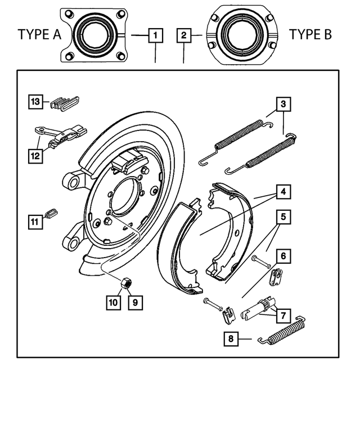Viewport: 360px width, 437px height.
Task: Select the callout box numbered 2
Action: tap(184, 36)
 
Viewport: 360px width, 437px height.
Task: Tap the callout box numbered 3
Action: tap(283, 104)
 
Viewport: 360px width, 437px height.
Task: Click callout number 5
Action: tap(283, 217)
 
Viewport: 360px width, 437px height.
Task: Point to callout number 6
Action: tap(283, 256)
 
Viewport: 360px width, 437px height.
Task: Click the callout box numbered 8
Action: tap(230, 339)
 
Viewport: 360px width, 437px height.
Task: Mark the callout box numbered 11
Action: tap(35, 222)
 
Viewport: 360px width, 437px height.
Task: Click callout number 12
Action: tap(35, 155)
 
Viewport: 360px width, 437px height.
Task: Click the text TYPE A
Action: tap(39, 35)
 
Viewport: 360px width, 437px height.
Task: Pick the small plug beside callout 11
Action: tap(51, 213)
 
